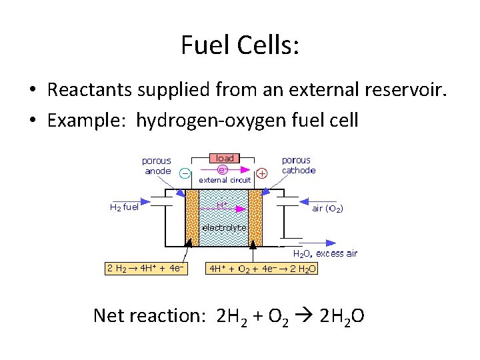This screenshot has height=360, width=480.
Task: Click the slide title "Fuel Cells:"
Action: (240, 45)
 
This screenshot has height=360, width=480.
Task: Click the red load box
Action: (225, 158)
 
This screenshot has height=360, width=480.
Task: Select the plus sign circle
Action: (262, 173)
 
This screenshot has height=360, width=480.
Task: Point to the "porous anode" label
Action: (157, 165)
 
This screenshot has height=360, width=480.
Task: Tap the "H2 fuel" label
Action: (124, 207)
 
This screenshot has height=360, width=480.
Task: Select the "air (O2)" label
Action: (328, 208)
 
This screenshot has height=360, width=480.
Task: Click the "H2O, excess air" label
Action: (326, 253)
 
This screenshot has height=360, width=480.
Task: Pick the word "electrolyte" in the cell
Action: (224, 227)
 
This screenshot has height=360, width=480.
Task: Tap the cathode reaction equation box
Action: (263, 269)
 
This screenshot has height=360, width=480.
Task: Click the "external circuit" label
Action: (226, 179)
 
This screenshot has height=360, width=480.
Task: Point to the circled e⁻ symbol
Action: (222, 169)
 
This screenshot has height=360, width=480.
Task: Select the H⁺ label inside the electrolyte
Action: (222, 205)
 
